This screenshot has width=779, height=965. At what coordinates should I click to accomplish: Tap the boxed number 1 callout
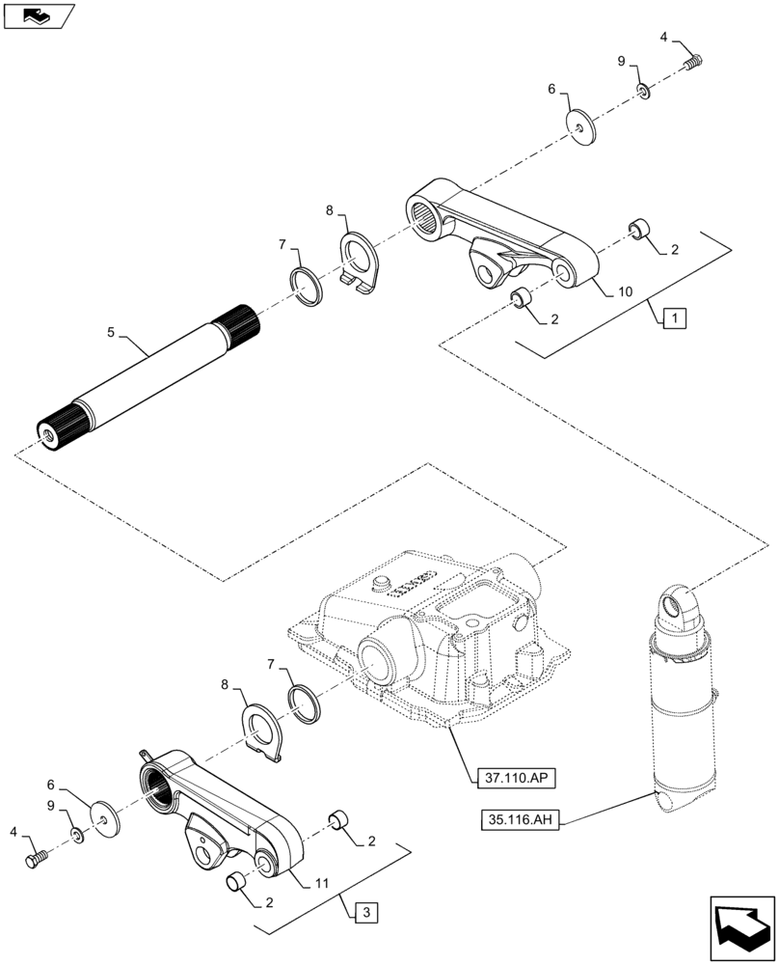click(675, 316)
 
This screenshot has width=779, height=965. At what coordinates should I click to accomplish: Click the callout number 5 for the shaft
click(112, 333)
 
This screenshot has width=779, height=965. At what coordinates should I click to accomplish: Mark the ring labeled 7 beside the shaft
click(307, 287)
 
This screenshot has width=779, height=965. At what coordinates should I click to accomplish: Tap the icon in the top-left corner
click(37, 14)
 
